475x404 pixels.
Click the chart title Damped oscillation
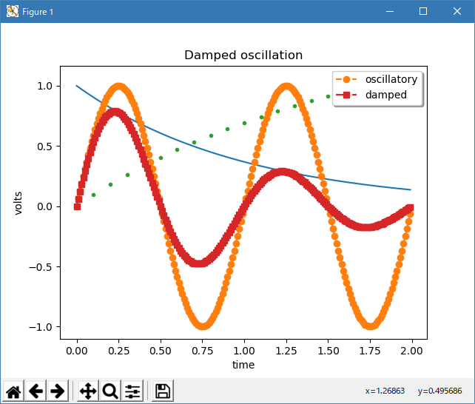243,55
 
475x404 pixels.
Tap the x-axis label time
243,365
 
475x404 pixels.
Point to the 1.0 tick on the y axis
44,86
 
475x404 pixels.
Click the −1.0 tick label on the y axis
41,327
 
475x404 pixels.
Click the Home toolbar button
14,391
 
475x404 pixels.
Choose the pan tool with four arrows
87,391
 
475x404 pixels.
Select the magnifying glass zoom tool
110,391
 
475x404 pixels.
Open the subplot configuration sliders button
132,391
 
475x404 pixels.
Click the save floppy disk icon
163,391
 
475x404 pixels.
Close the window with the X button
457,11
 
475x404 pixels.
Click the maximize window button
423,11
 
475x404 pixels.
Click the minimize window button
389,11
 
